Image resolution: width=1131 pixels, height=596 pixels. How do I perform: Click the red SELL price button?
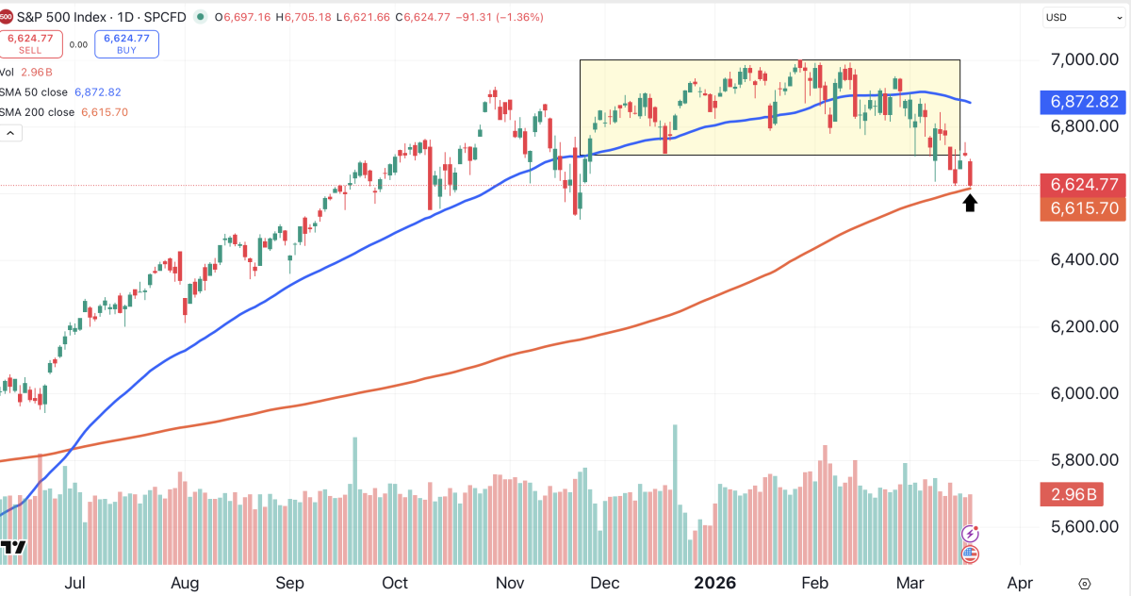30,43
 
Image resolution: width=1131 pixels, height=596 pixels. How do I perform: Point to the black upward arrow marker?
970,203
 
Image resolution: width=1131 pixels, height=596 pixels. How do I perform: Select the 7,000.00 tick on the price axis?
1084,59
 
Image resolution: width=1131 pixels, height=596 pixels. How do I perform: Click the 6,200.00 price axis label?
1084,327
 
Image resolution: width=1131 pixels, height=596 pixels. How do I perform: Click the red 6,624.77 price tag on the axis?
1085,185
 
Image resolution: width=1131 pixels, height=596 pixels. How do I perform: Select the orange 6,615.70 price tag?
1085,208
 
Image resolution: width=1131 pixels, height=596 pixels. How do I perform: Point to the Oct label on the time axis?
395,582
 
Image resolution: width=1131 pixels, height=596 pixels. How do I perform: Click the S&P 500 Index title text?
69,16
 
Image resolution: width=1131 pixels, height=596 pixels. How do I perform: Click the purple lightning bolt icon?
970,535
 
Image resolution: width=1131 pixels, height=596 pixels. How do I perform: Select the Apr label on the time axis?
1020,582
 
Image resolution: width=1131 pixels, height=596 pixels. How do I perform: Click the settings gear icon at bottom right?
1086,583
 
